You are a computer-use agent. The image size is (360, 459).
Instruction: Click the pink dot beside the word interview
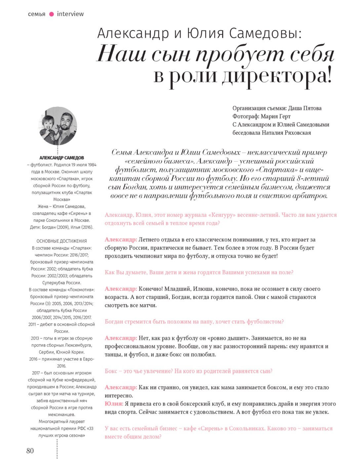52,14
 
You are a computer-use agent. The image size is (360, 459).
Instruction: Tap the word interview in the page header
70,14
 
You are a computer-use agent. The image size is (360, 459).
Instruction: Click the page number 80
30,450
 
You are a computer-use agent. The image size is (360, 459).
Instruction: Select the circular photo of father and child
58,126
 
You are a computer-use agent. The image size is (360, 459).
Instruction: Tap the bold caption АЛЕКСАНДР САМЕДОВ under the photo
61,158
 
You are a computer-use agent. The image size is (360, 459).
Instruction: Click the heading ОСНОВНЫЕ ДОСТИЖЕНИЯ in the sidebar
61,241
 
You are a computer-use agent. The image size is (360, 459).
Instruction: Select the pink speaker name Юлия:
114,404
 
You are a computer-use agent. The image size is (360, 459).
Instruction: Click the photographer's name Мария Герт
275,116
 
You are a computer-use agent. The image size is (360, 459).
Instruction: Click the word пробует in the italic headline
240,55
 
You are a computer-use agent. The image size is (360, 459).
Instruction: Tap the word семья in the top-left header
36,14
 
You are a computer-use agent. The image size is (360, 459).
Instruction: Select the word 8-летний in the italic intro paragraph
313,179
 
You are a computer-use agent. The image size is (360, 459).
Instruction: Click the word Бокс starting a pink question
111,371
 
